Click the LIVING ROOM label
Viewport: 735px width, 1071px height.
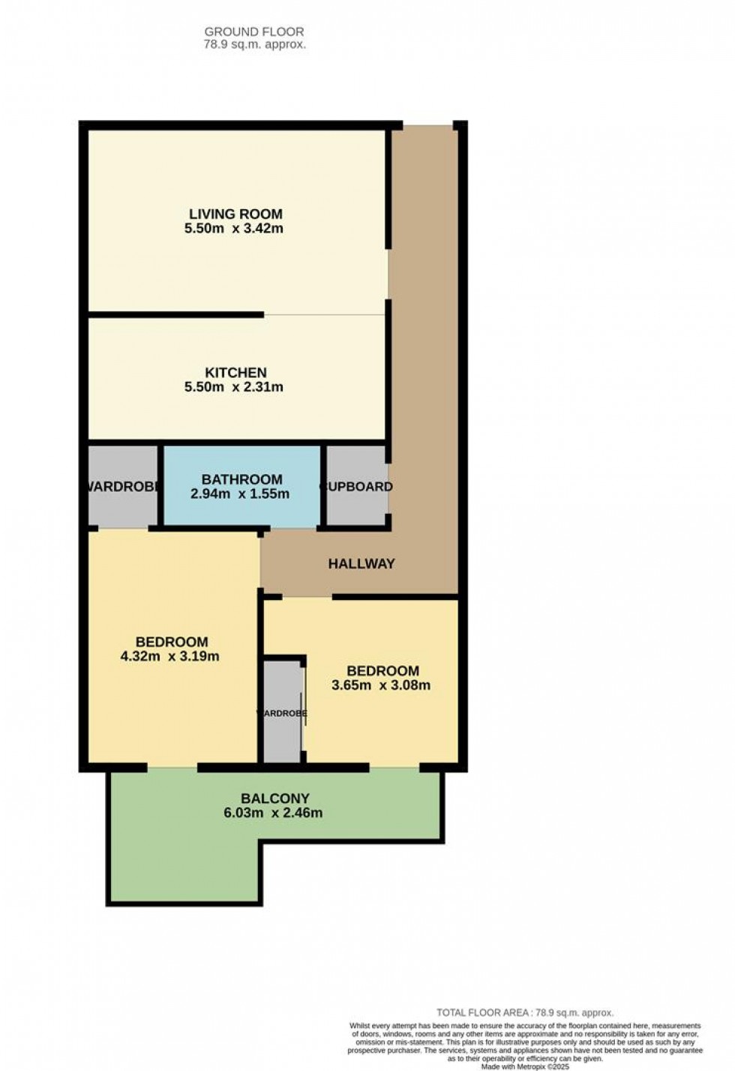[x=235, y=214]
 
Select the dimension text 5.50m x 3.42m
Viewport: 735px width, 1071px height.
[x=234, y=229]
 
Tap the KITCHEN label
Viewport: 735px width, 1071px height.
[x=235, y=373]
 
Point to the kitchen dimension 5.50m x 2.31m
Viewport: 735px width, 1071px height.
[x=234, y=388]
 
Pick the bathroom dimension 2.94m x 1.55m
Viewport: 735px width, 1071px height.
[x=240, y=494]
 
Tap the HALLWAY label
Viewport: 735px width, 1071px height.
[x=361, y=564]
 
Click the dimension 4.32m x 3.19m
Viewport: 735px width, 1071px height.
[x=169, y=657]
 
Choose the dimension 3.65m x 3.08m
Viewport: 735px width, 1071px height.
[x=381, y=685]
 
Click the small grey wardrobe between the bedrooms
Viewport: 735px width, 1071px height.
[x=283, y=735]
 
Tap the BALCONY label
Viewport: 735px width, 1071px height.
[x=274, y=799]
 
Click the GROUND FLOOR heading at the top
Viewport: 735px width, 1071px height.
[x=254, y=31]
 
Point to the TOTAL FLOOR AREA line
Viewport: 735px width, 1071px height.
[x=525, y=1012]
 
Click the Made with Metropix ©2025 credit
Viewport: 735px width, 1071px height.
[x=525, y=1066]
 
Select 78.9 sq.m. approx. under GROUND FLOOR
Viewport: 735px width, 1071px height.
[x=255, y=44]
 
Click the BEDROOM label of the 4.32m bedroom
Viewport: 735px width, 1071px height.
[x=172, y=642]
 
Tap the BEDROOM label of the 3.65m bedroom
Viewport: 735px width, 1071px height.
[x=382, y=671]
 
